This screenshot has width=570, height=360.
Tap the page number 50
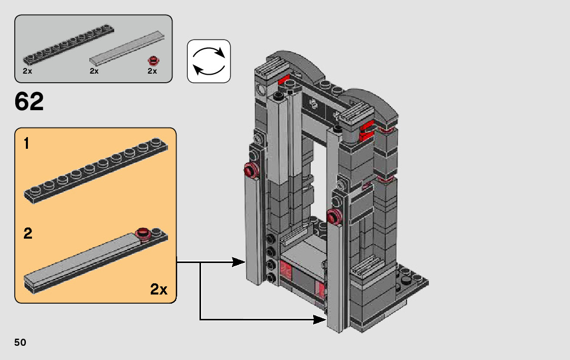(x=20, y=342)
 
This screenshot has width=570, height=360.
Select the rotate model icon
(x=209, y=61)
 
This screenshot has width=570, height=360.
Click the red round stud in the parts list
(x=153, y=61)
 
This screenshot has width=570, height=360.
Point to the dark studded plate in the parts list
(x=69, y=44)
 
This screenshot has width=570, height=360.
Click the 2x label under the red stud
(x=152, y=71)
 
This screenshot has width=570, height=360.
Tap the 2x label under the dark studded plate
(x=27, y=71)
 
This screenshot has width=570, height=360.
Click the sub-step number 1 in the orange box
(x=26, y=143)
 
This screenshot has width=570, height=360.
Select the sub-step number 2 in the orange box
(x=27, y=233)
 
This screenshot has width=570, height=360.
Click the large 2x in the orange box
(x=158, y=289)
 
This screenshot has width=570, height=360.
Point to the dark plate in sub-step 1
(x=96, y=171)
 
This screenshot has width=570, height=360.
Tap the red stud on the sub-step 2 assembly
(x=144, y=234)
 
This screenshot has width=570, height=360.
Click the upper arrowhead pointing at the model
(x=239, y=262)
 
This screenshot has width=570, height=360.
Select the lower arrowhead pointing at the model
(x=320, y=320)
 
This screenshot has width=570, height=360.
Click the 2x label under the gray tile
(x=94, y=71)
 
